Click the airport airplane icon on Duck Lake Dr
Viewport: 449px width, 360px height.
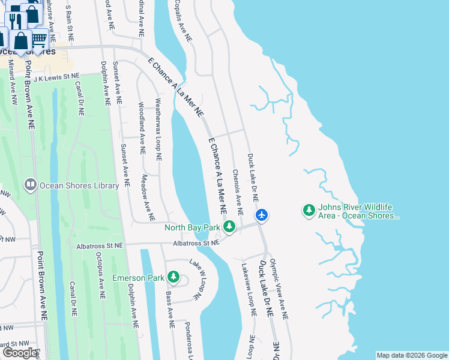[x=261, y=214]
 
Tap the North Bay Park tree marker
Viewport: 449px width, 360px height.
[x=229, y=227]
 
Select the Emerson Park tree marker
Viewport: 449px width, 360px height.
[x=173, y=277]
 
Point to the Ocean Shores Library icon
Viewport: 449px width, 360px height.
[x=30, y=185]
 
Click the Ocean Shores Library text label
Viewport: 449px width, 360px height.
[x=79, y=186]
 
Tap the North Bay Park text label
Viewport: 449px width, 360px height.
[x=193, y=227]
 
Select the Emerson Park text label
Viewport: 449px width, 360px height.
[x=138, y=278]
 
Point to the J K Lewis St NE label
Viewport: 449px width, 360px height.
[x=56, y=77]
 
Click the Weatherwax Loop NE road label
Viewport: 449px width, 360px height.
[x=158, y=130]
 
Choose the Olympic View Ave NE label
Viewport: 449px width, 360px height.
[x=279, y=290]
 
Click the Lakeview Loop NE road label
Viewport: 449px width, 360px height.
[x=250, y=290]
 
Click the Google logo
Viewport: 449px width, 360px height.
[x=20, y=353]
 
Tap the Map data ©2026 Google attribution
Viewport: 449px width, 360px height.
[x=411, y=355]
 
